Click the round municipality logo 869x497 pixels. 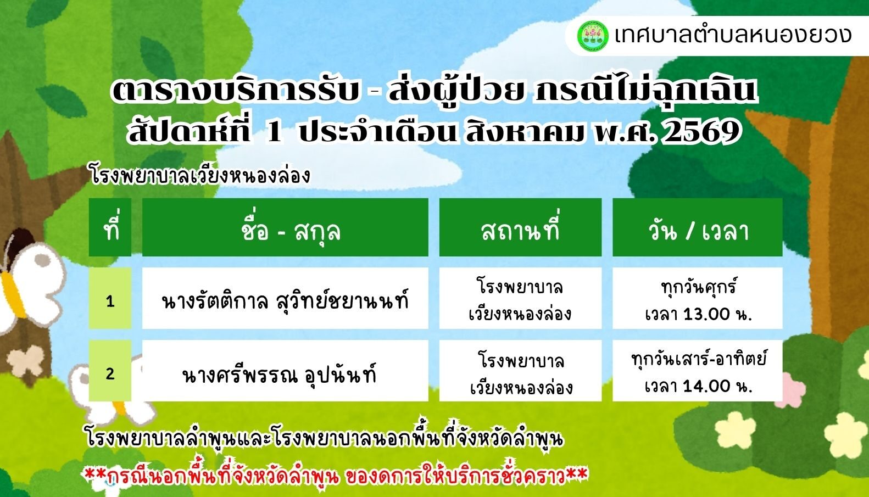pyautogui.click(x=592, y=36)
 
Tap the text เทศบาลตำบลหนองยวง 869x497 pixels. pyautogui.click(x=733, y=36)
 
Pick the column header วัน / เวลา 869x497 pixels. pyautogui.click(x=698, y=231)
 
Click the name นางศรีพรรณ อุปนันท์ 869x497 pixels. pyautogui.click(x=279, y=373)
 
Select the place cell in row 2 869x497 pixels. pyautogui.click(x=520, y=371)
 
